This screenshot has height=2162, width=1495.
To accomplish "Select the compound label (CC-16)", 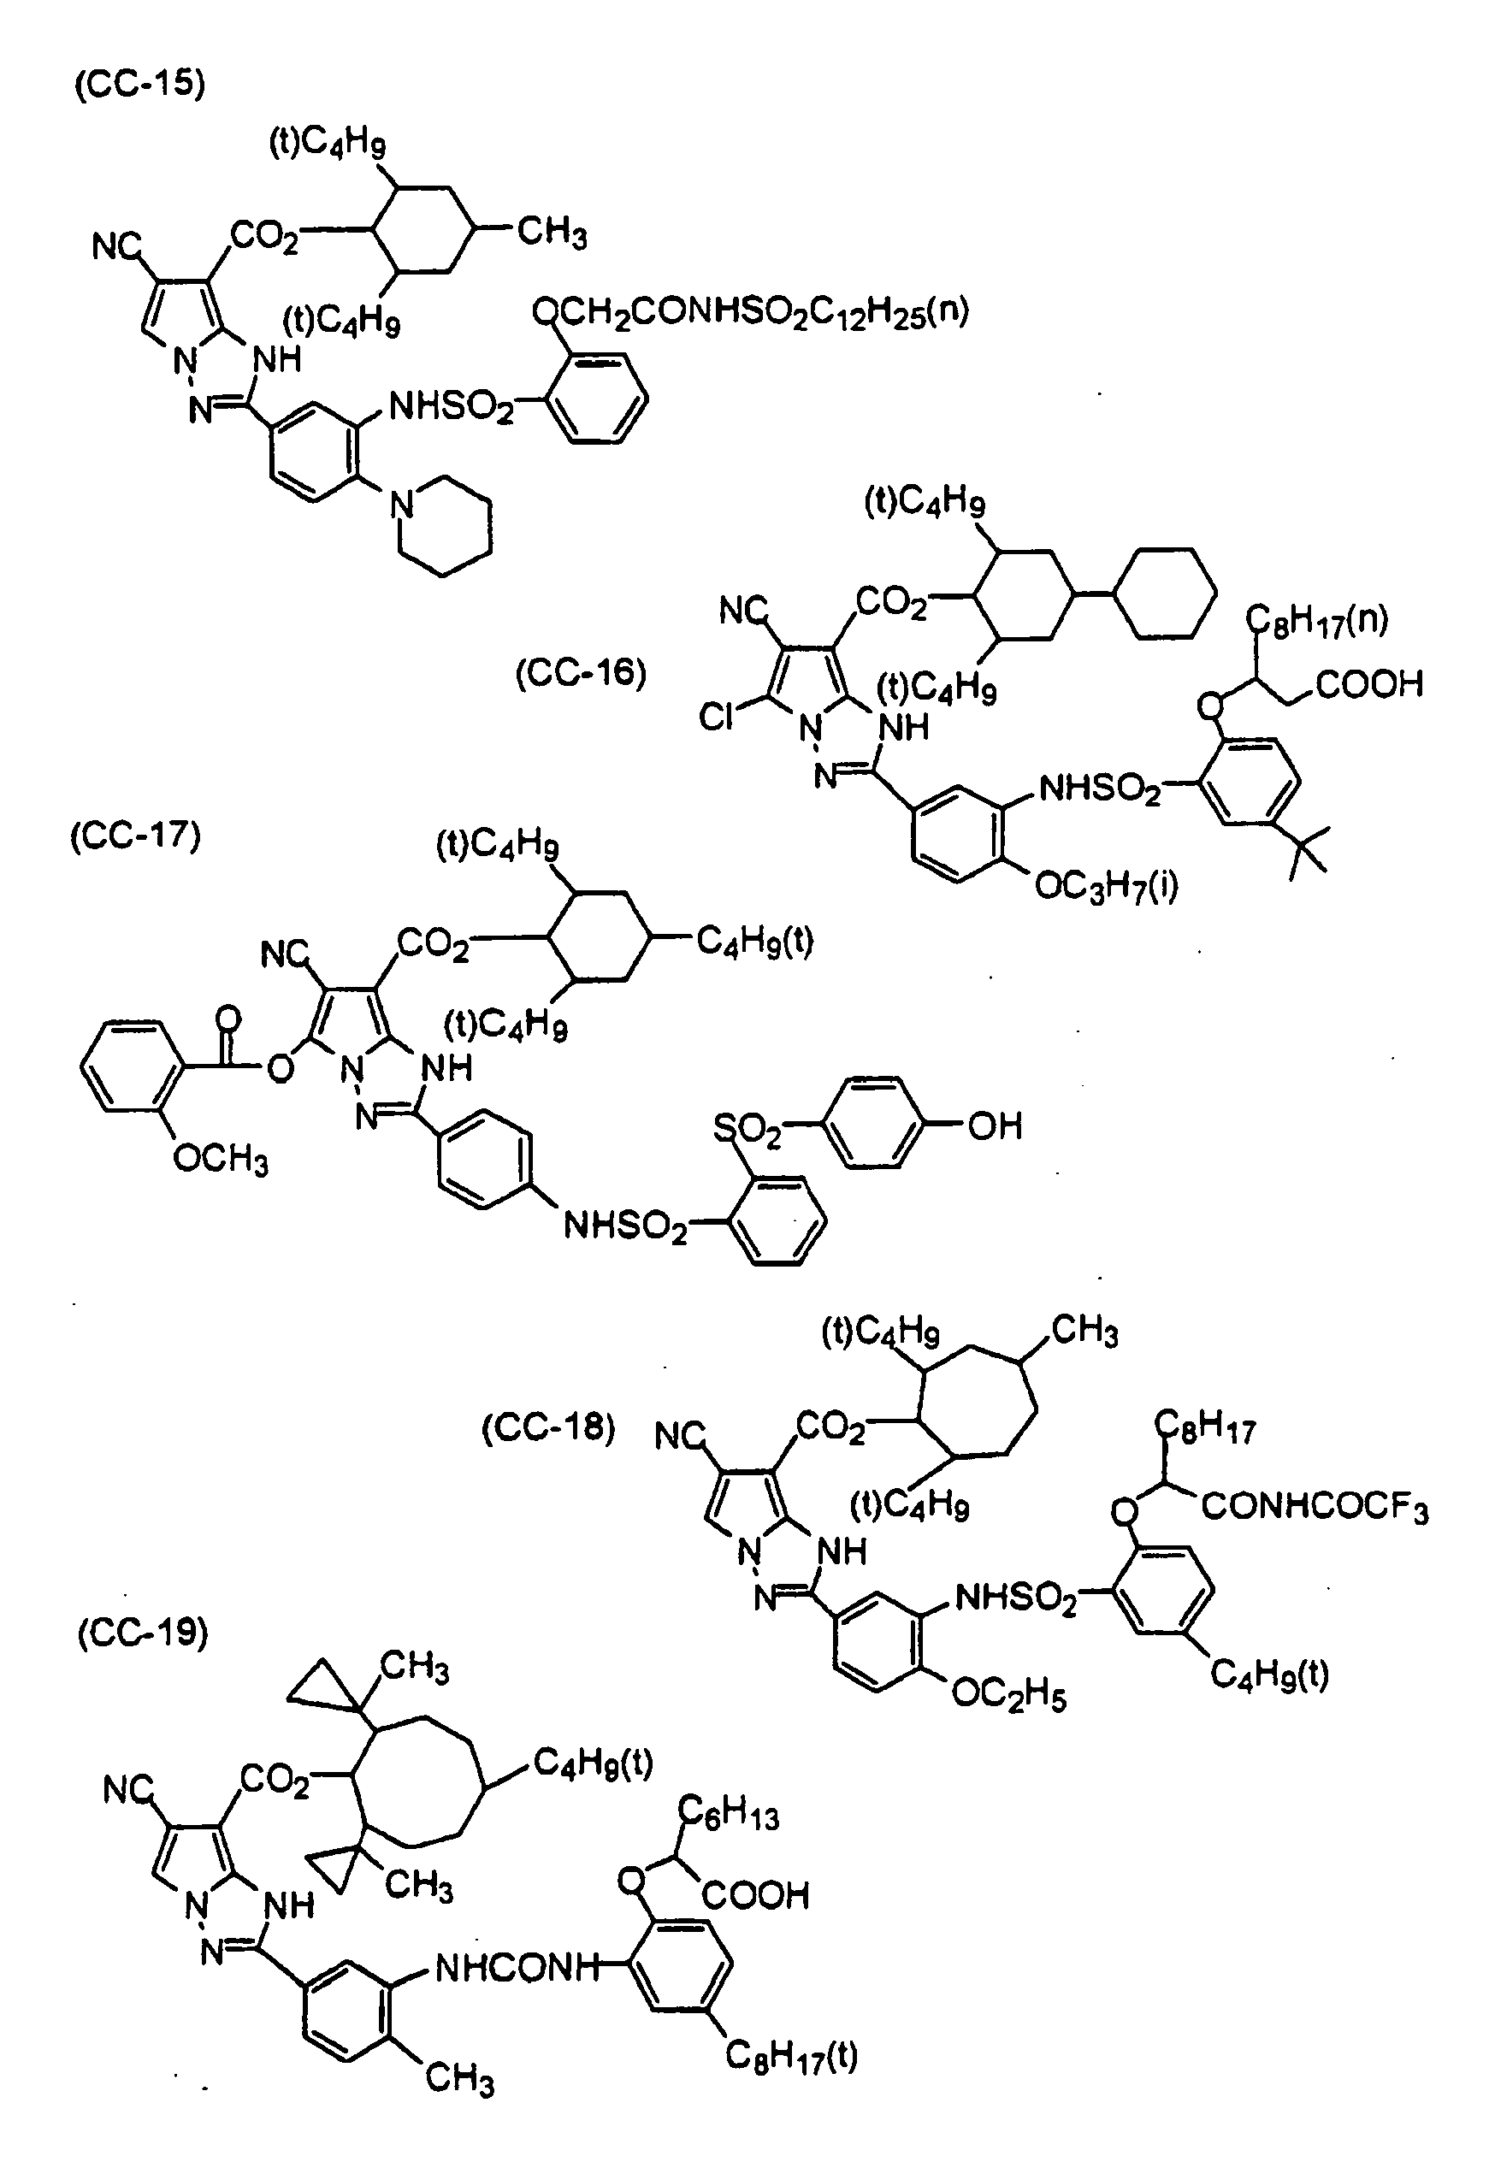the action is (x=581, y=674).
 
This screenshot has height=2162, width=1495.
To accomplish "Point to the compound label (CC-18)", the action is (x=548, y=1428).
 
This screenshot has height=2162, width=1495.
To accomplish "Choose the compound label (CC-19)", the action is (x=142, y=1633).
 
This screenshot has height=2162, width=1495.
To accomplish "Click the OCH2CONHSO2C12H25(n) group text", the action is (x=750, y=313).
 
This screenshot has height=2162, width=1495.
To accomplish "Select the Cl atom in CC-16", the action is (x=717, y=718).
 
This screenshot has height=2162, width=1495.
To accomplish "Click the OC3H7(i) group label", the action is (x=1106, y=885).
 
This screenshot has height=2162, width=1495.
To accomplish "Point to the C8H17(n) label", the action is (x=1316, y=619).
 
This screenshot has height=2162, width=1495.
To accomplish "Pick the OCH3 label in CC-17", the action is (x=221, y=1161).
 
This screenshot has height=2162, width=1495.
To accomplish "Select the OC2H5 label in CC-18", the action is (x=1009, y=1694).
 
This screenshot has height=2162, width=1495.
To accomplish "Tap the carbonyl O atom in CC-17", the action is (x=227, y=1018).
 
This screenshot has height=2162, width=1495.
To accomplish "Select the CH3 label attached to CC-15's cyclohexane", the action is (x=552, y=232).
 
